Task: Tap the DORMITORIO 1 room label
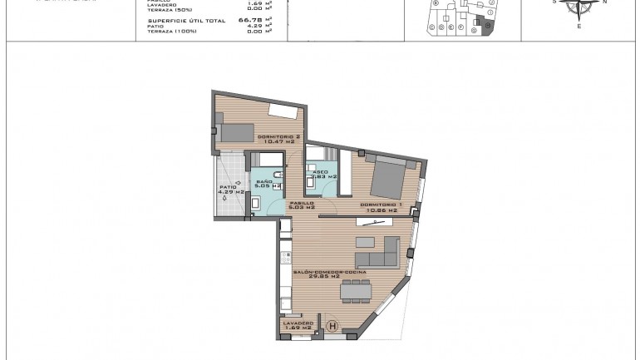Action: tap(382, 205)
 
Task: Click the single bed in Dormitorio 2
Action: tap(235, 132)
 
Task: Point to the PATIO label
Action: tap(229, 188)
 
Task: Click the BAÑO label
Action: tap(264, 181)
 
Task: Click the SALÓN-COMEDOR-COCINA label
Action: tap(330, 272)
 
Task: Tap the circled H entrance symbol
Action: tap(333, 327)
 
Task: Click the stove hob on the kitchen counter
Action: tap(285, 257)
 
